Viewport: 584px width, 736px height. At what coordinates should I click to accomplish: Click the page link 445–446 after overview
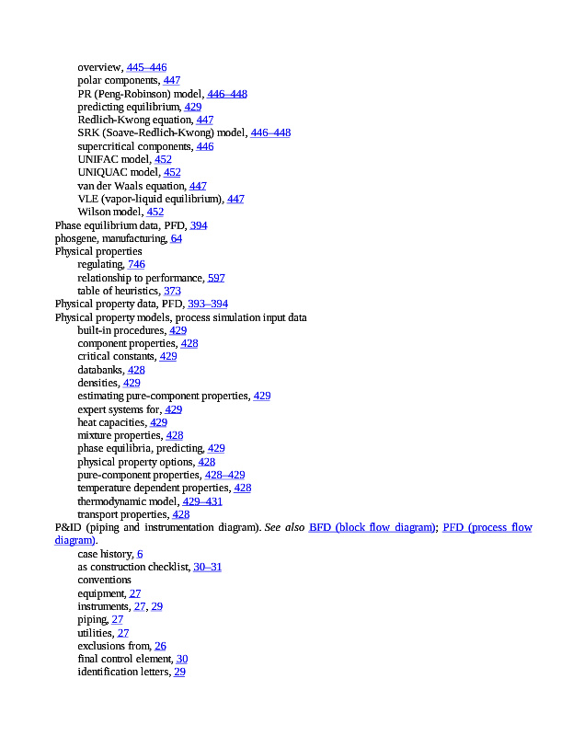(x=146, y=67)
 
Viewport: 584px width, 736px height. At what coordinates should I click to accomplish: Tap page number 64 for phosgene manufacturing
(x=176, y=238)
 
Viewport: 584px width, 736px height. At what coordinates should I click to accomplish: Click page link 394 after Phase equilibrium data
(x=199, y=225)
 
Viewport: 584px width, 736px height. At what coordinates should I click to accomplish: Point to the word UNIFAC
(x=97, y=159)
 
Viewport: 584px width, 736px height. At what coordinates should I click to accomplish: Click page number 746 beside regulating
(x=136, y=264)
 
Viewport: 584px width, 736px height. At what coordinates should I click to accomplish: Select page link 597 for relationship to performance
(x=216, y=278)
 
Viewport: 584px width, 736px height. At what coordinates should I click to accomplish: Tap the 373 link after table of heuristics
(x=172, y=291)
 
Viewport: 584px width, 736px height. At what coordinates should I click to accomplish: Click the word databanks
(x=100, y=370)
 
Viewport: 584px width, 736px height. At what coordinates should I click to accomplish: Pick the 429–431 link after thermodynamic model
(x=202, y=501)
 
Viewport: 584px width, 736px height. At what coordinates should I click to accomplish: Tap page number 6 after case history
(x=140, y=554)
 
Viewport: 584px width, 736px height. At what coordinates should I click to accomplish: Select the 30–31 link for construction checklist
(x=207, y=567)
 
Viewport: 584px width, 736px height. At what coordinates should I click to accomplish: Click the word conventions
(x=104, y=581)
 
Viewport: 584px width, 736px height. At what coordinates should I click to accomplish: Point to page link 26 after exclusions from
(x=160, y=646)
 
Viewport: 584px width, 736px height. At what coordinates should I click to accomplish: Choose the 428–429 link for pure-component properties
(x=224, y=475)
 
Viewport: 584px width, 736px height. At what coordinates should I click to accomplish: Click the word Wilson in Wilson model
(x=95, y=212)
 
